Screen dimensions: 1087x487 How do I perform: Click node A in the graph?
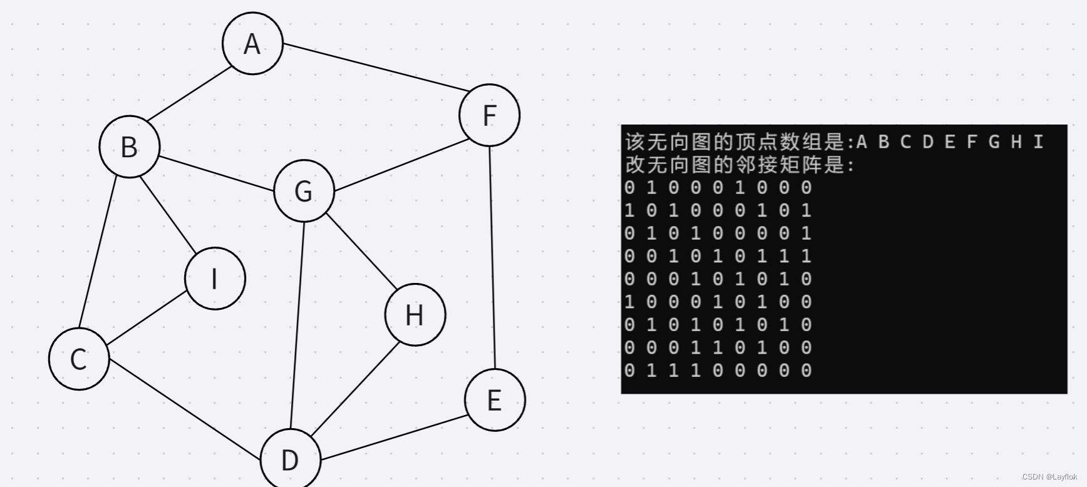[252, 43]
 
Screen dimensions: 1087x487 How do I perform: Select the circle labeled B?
[130, 146]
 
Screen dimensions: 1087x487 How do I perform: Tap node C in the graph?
[79, 359]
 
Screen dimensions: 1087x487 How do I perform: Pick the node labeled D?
[290, 459]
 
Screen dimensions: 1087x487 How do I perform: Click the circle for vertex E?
[495, 400]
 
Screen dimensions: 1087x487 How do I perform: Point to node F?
[489, 115]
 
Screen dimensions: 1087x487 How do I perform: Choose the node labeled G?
[304, 191]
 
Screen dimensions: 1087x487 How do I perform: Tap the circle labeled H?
[415, 315]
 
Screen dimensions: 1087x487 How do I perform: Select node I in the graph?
[215, 279]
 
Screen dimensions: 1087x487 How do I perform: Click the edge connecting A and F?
[373, 68]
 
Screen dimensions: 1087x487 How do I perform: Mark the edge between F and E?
[492, 257]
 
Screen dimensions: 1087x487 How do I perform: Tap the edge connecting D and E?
[393, 438]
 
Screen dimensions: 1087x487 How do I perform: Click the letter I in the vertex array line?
[1038, 142]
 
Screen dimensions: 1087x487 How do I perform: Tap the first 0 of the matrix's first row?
[630, 188]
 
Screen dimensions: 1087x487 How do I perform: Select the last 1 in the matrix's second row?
[806, 210]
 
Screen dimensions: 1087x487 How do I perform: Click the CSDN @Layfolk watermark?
[1049, 477]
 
